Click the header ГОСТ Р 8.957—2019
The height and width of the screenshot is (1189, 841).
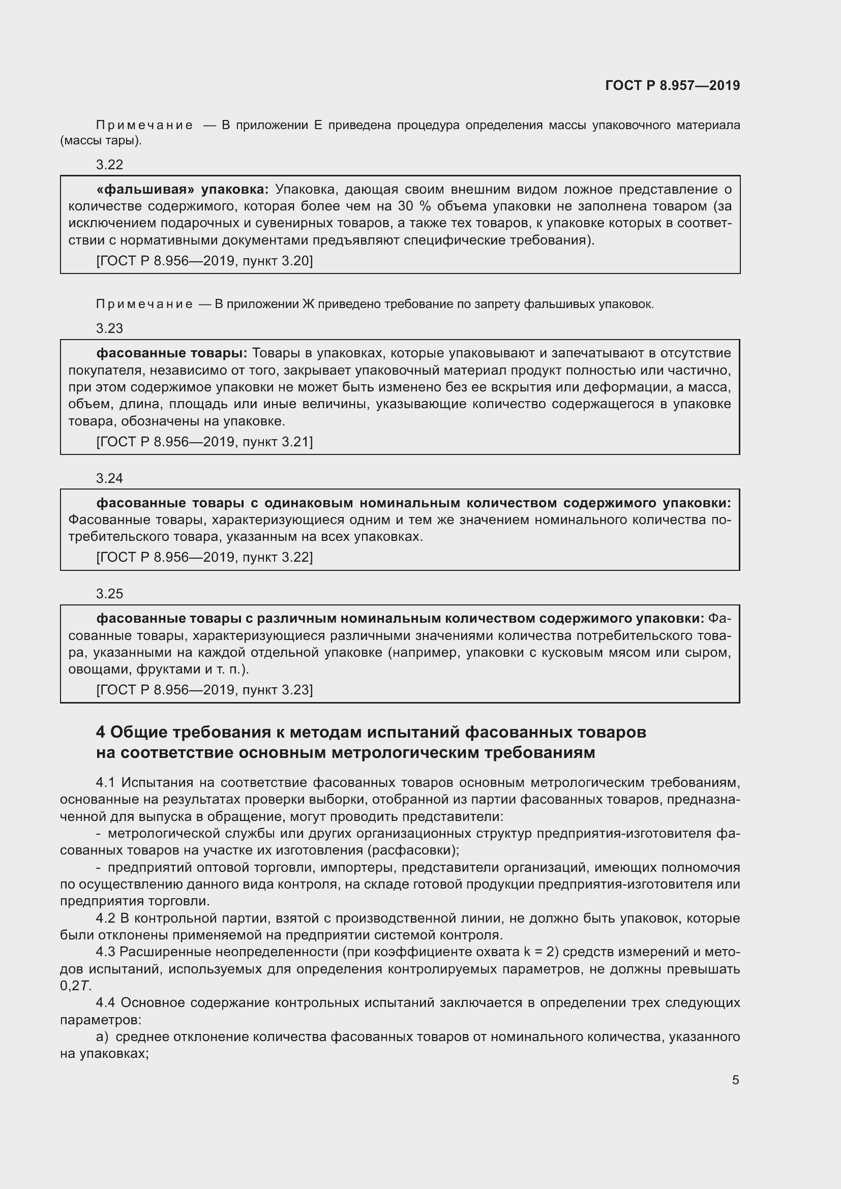(672, 85)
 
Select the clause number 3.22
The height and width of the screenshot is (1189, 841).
(110, 165)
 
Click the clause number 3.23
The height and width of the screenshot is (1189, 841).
(110, 328)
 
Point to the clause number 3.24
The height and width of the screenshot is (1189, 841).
(110, 478)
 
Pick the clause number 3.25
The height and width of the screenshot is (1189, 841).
(110, 593)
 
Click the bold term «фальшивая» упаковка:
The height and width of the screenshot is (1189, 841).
(183, 190)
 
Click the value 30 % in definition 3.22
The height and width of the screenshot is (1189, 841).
(414, 206)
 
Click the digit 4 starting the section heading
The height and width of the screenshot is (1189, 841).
(101, 732)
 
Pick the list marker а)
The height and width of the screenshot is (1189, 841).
(102, 1036)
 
